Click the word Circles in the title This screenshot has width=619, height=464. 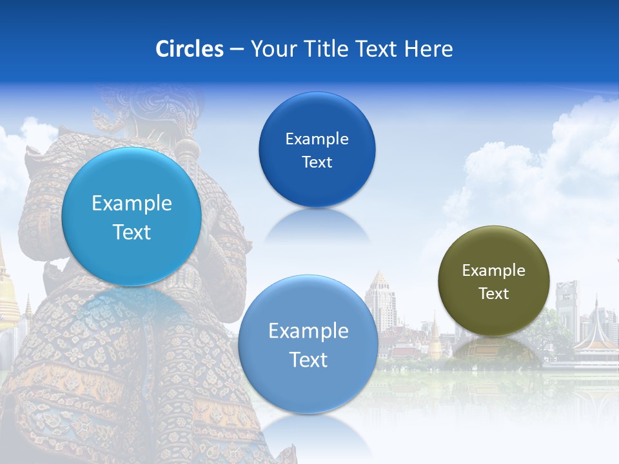pyautogui.click(x=190, y=49)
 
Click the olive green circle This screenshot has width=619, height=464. pyautogui.click(x=494, y=281)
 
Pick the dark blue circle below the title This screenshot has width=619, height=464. pyautogui.click(x=317, y=150)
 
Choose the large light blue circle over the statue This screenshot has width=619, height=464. pyautogui.click(x=132, y=217)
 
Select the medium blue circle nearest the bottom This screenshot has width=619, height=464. pyautogui.click(x=308, y=344)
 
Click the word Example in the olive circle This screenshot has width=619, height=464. pyautogui.click(x=494, y=271)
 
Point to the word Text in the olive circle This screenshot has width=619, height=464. pyautogui.click(x=494, y=294)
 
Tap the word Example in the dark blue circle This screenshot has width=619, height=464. pyautogui.click(x=317, y=139)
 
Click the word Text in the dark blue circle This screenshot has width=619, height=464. pyautogui.click(x=317, y=162)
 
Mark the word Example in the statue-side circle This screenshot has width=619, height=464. pyautogui.click(x=132, y=204)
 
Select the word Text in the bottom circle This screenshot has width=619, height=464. pyautogui.click(x=308, y=360)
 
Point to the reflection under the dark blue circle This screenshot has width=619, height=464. pyautogui.click(x=317, y=226)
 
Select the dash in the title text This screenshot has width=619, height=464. pyautogui.click(x=237, y=50)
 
